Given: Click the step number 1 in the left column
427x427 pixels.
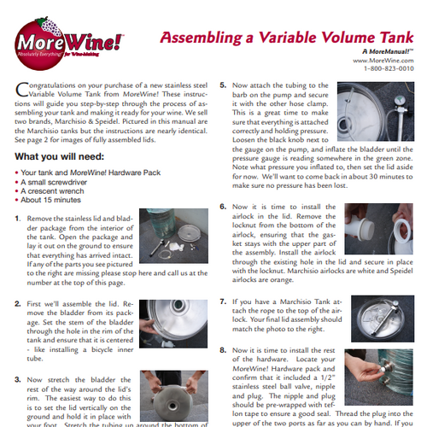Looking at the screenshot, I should point(18,219).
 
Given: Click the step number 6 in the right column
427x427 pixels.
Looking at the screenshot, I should point(223,208).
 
